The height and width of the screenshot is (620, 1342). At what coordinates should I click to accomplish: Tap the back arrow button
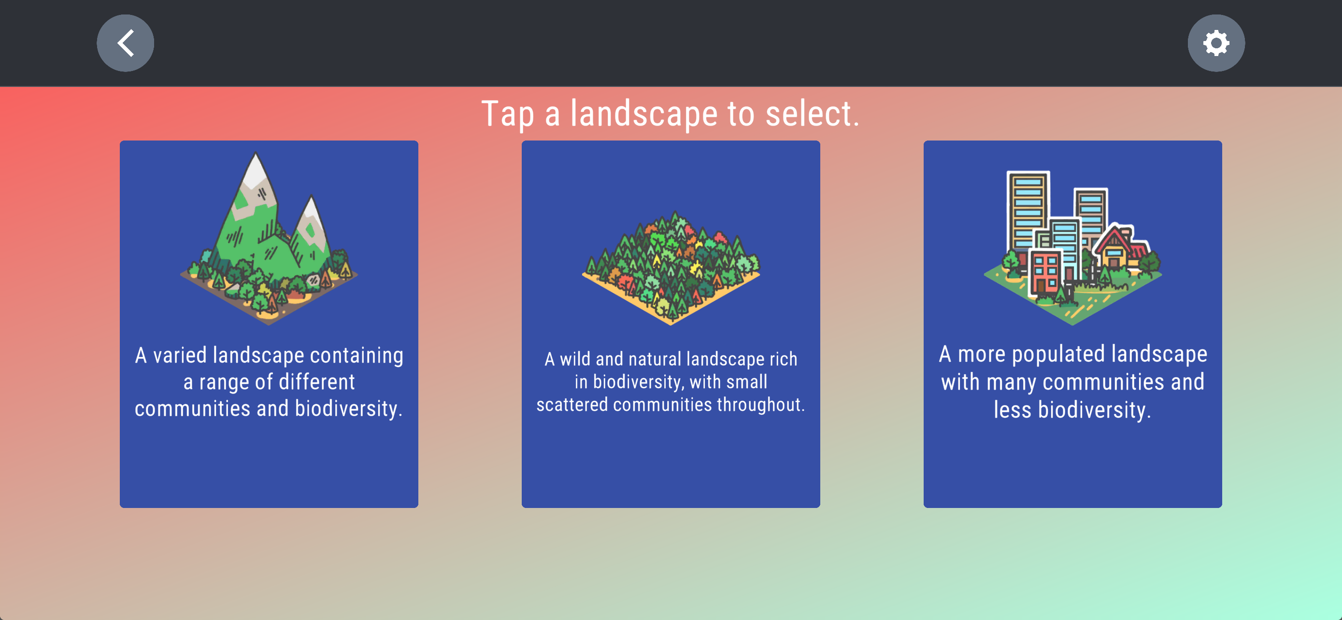coord(126,42)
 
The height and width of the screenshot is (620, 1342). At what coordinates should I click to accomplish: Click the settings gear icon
coord(1216,42)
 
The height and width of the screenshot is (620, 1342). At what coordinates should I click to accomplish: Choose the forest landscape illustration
coord(671,268)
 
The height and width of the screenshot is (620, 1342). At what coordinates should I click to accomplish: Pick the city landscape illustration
coord(1072,248)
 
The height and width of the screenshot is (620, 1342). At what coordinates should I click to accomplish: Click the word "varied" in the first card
coord(180,355)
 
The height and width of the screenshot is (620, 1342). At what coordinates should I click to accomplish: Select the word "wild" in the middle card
coord(575,359)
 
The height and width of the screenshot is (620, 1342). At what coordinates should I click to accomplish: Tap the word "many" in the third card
coord(1011,383)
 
